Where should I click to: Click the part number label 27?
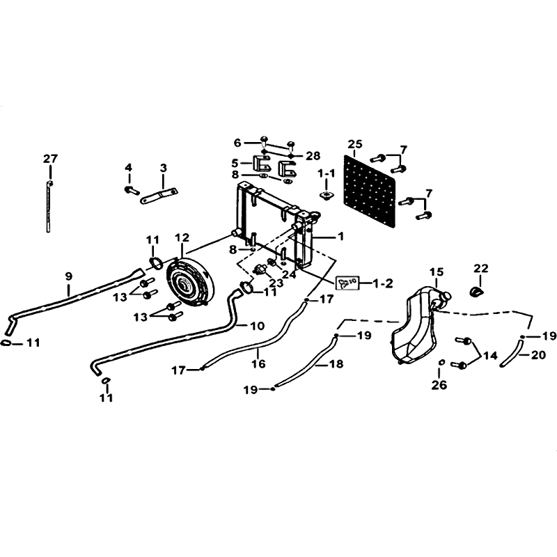(x=50, y=159)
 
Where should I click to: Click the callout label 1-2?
(x=383, y=283)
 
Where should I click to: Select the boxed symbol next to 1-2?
(x=347, y=283)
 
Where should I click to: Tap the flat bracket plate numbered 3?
(x=159, y=196)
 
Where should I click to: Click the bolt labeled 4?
(x=132, y=190)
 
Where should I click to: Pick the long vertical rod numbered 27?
(x=49, y=206)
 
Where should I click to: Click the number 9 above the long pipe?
(x=68, y=276)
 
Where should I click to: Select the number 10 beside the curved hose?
(x=258, y=325)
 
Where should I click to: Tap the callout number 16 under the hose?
(x=258, y=363)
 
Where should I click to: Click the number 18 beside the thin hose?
(x=336, y=363)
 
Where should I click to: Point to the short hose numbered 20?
(x=512, y=353)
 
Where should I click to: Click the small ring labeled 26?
(x=441, y=362)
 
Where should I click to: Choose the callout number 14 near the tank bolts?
(x=490, y=355)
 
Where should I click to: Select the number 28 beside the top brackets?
(x=313, y=155)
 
